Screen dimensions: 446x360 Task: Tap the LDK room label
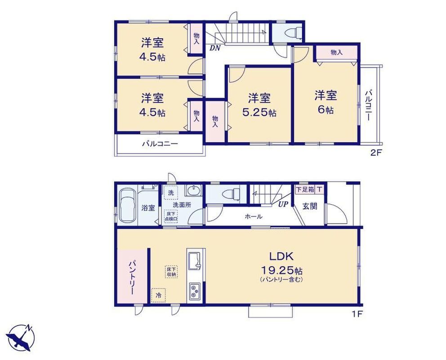(281, 256)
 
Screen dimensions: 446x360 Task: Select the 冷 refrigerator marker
(158, 295)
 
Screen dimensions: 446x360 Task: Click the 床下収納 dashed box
(171, 271)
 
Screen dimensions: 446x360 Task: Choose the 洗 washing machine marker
(171, 193)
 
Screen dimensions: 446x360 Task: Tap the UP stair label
(283, 204)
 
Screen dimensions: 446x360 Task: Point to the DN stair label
(215, 48)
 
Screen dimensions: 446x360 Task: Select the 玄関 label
(309, 206)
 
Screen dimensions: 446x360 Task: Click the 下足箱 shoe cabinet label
(305, 189)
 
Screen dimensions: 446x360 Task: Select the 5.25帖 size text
(259, 113)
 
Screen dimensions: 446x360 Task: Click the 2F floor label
(375, 153)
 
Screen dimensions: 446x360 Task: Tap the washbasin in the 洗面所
(193, 190)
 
